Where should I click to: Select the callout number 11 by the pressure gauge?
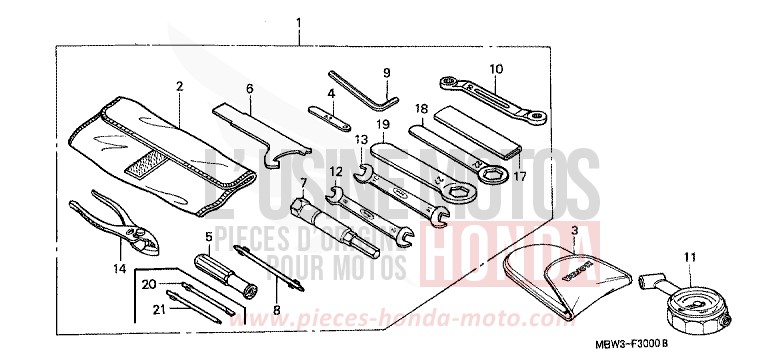[x=660, y=258]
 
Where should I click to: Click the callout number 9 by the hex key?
[x=386, y=72]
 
